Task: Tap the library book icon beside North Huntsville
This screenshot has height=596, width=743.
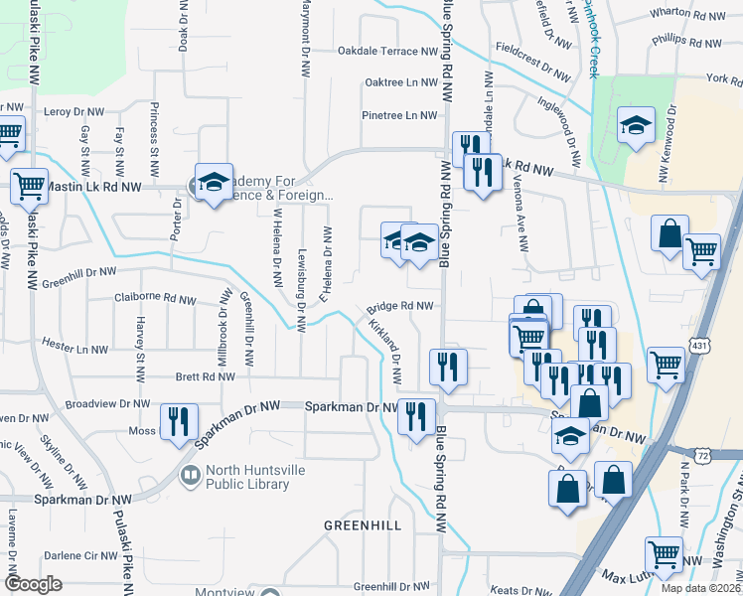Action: coord(189,478)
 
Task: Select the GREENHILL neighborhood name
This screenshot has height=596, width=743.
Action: coord(362,523)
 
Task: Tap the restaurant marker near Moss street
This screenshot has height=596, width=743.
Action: coord(179,420)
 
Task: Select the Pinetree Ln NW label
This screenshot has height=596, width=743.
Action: coord(400,115)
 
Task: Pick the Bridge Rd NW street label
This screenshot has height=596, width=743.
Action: coord(401,307)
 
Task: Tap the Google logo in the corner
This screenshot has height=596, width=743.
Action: coord(33,584)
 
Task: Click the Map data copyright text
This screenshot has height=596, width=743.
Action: coord(701,588)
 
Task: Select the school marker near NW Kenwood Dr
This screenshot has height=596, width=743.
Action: coord(635,125)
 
